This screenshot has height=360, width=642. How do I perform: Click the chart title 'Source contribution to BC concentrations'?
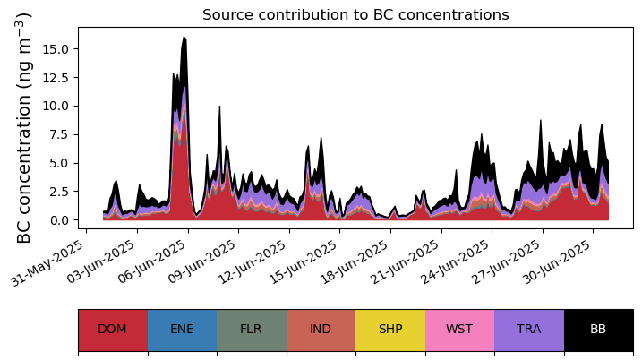(x=355, y=15)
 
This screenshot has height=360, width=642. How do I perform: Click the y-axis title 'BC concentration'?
(x=24, y=127)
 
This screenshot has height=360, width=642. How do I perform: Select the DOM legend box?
(x=112, y=329)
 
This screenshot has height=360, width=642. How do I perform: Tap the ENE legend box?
(x=182, y=329)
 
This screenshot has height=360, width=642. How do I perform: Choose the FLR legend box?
(x=251, y=329)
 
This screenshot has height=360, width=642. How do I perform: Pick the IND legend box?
(x=321, y=329)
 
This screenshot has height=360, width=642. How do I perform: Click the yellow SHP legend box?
(x=390, y=329)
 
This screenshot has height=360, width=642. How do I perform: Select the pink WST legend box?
(x=459, y=329)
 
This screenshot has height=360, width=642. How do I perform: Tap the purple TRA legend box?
(x=529, y=329)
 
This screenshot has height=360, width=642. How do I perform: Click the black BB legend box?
(x=598, y=329)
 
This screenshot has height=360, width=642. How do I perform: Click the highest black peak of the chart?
(x=184, y=38)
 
